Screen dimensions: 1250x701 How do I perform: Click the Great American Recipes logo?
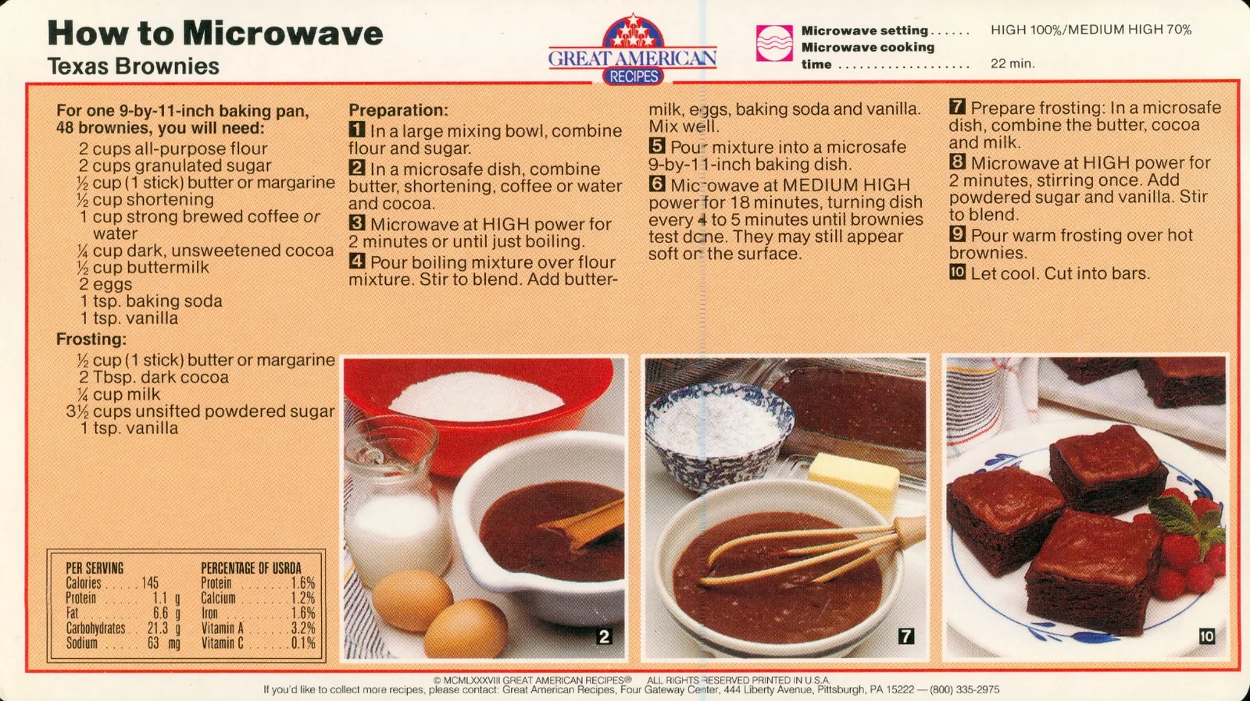(633, 50)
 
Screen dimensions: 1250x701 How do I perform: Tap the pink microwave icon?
(774, 43)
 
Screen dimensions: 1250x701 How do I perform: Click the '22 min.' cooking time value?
(1012, 63)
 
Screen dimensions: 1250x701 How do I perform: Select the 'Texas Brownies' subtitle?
(134, 66)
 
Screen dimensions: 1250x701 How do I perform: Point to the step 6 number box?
(657, 183)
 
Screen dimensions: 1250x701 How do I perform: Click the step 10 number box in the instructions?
(957, 272)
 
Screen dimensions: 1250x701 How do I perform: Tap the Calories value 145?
(150, 583)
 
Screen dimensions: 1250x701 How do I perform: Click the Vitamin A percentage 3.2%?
(303, 628)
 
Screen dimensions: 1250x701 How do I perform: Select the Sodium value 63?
(153, 643)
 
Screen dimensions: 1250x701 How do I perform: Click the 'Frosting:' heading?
(91, 339)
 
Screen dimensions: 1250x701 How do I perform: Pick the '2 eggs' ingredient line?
(105, 284)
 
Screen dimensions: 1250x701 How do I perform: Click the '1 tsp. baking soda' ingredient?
(152, 301)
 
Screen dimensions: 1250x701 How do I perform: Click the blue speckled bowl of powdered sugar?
(720, 434)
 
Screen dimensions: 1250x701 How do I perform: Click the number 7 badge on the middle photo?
(905, 636)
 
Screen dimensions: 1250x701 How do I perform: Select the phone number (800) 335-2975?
(964, 690)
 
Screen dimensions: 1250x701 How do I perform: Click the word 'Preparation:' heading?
(398, 110)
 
